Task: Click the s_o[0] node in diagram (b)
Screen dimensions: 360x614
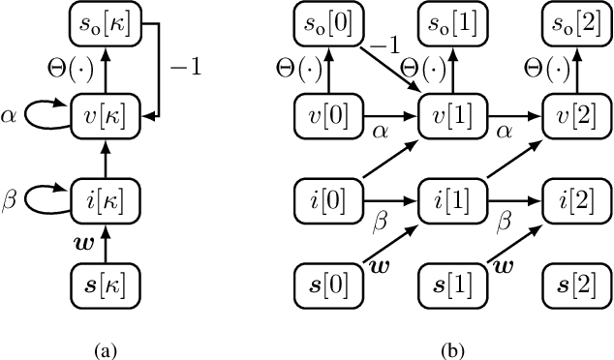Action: pos(324,23)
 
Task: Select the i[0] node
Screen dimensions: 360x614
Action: pos(324,204)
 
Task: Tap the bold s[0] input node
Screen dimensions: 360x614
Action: pos(324,286)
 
